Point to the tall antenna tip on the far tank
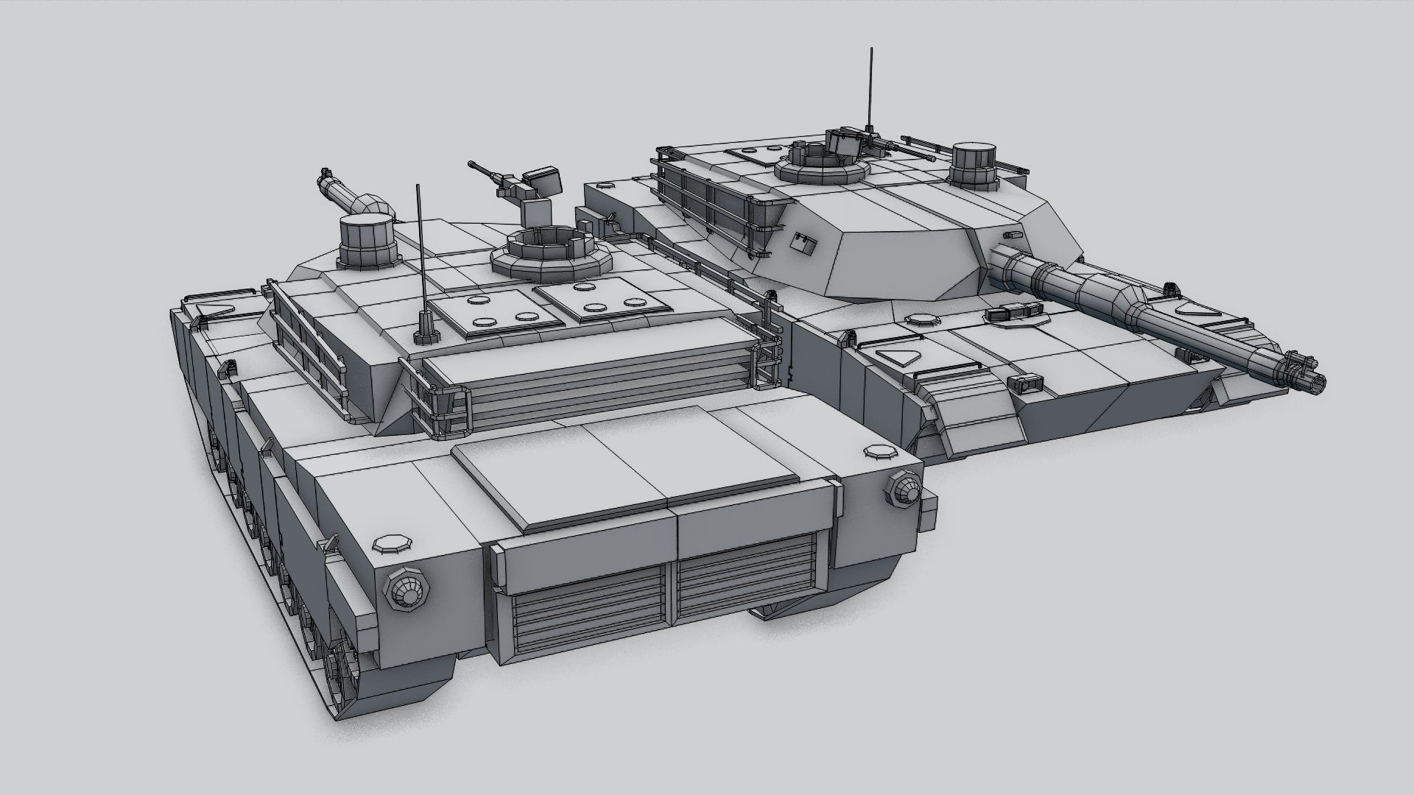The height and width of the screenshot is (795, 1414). coord(872,52)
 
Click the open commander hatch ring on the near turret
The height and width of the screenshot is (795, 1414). coord(546,247)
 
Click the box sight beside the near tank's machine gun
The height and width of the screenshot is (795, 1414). coord(544,180)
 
